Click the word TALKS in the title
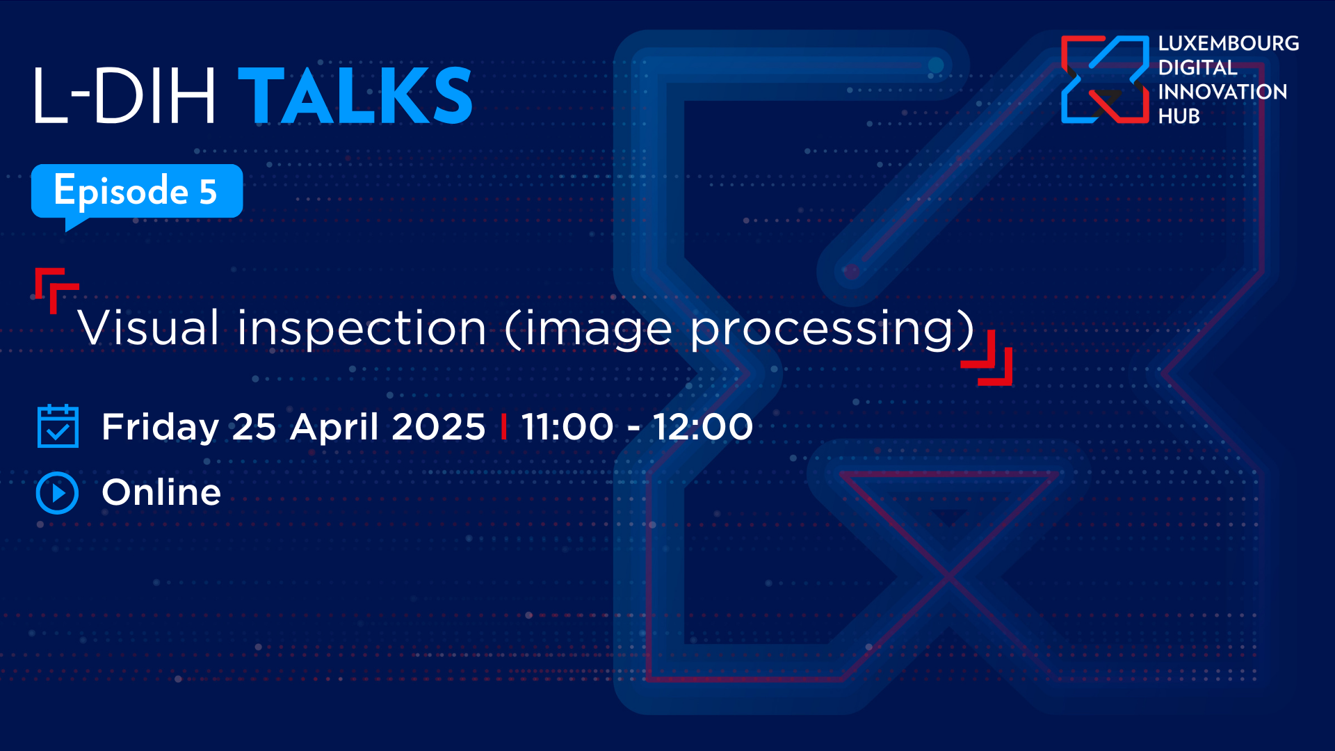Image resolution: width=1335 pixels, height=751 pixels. pos(355,96)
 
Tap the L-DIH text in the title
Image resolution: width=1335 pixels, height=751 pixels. pos(124,96)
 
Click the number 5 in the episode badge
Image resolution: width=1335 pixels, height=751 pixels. pos(208,192)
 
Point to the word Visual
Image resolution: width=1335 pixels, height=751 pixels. pos(149,328)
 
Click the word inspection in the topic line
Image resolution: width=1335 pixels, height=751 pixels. pos(362,328)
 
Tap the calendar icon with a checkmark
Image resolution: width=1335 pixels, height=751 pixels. pos(58,426)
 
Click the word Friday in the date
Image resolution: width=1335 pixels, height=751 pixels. pos(161,427)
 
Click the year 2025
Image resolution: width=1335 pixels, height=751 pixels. pos(439,426)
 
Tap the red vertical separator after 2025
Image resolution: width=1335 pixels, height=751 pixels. pos(503,426)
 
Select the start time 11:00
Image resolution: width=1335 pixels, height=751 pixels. pos(567,426)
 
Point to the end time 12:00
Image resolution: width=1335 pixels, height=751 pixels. pos(703,426)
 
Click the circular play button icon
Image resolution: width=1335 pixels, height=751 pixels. pos(57,493)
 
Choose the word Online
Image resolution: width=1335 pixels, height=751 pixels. pos(161,492)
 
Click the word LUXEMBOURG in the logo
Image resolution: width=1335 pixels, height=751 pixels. pos(1229,44)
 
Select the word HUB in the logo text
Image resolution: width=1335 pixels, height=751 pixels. pos(1179,116)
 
